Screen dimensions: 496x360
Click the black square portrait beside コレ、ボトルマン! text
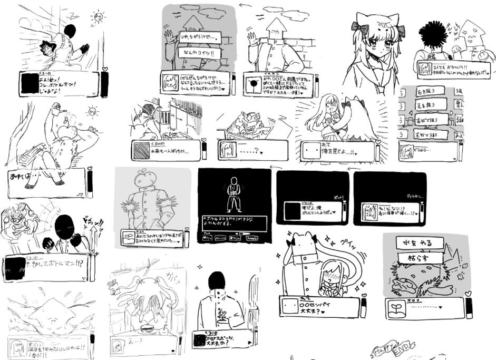click(x=28, y=84)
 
